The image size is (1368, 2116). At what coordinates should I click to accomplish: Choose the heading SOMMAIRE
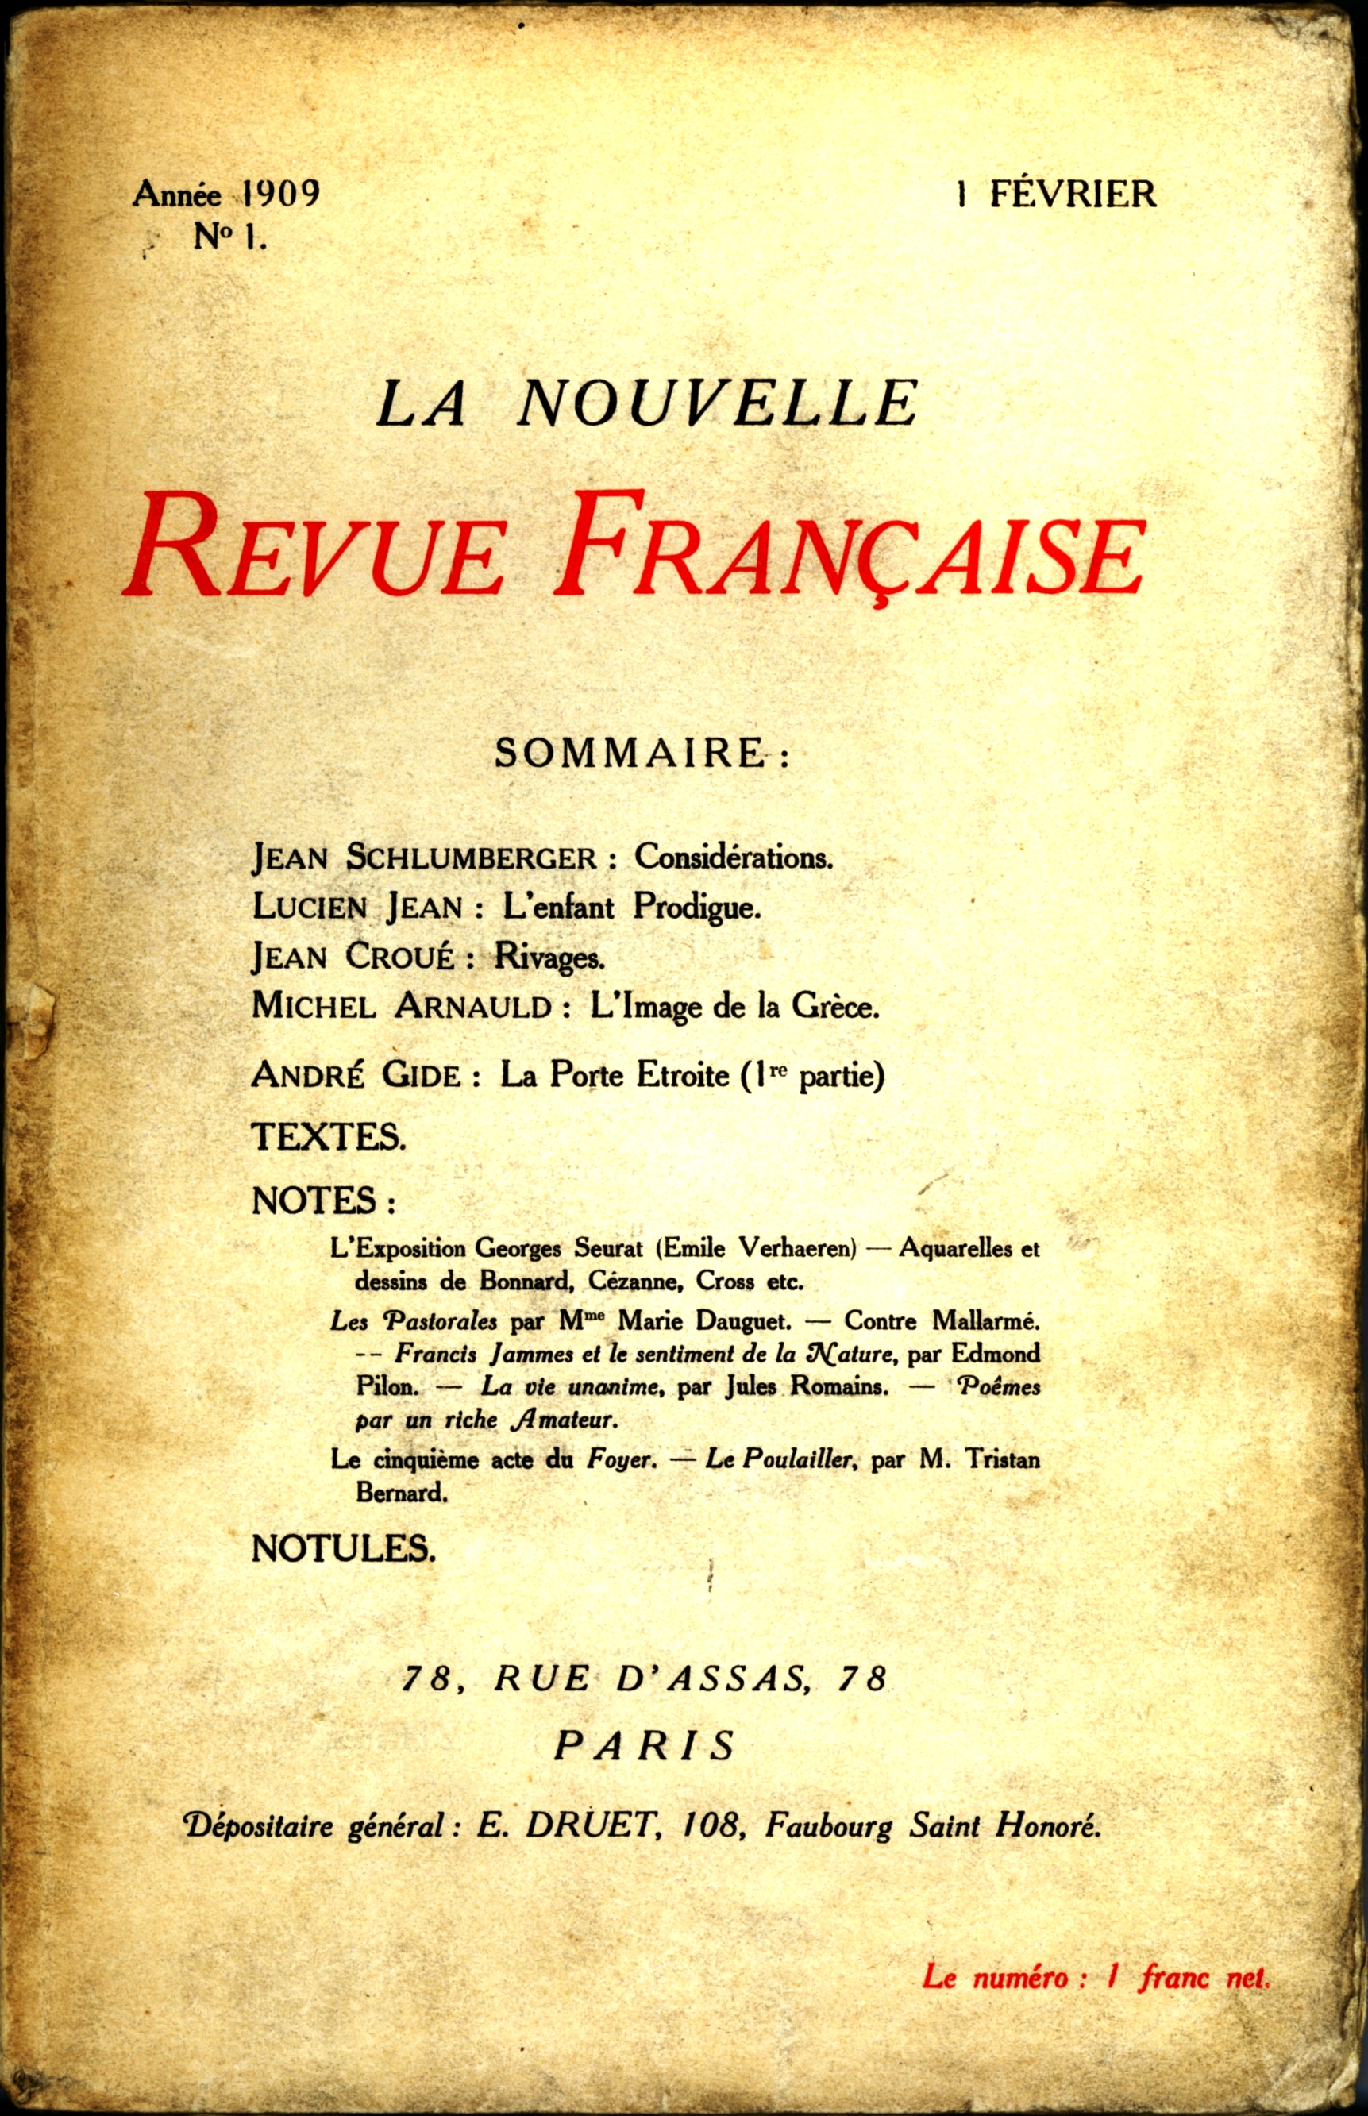[630, 754]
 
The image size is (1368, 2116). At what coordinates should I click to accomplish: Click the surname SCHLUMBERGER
[470, 858]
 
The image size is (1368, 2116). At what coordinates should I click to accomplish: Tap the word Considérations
[733, 857]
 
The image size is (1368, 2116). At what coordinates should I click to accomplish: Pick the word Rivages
[549, 956]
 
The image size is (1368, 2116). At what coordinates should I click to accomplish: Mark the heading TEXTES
[329, 1137]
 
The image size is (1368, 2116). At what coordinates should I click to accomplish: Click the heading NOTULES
[343, 1548]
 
